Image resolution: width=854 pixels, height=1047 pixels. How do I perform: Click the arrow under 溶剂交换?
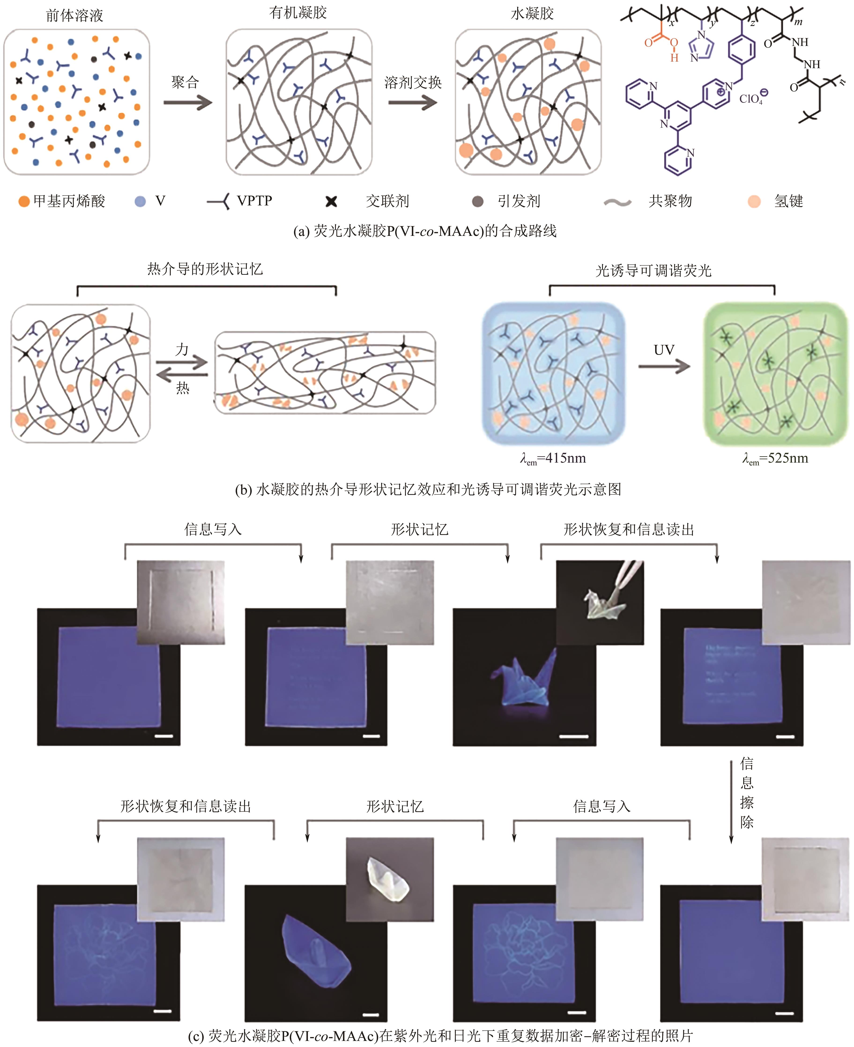[412, 103]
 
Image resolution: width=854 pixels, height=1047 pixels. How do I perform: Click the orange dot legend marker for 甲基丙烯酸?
[24, 201]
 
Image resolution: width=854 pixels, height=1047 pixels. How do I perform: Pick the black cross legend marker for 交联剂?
[332, 201]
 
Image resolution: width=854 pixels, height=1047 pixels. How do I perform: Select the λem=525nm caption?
[775, 459]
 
